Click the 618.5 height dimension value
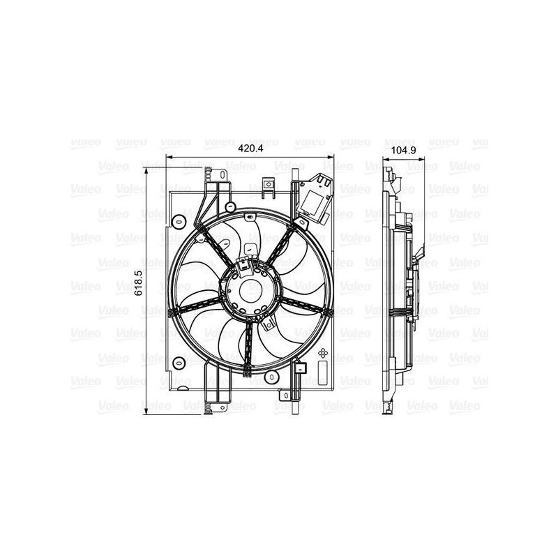pyautogui.click(x=138, y=284)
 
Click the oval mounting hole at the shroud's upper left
pyautogui.click(x=179, y=221)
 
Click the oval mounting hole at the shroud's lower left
pyautogui.click(x=179, y=362)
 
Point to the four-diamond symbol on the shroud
pyautogui.click(x=322, y=354)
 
